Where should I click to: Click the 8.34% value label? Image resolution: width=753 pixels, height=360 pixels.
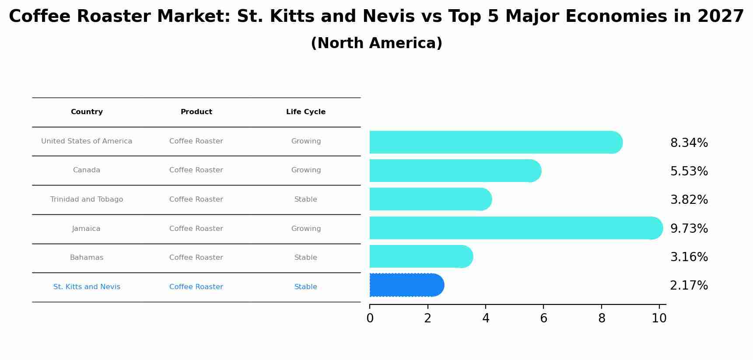point(689,143)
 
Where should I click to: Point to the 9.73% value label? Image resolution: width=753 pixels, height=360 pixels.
point(689,229)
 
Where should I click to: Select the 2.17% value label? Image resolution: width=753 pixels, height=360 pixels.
point(689,286)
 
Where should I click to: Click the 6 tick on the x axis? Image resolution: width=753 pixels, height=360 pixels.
point(543,318)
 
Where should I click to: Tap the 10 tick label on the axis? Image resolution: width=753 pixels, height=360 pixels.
point(659,318)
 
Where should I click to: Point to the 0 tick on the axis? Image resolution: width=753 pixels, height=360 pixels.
point(370,318)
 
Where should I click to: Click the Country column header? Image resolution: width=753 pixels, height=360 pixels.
point(87,112)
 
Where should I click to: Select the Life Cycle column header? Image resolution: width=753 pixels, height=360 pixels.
point(305,112)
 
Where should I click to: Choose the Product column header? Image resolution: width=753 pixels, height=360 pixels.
point(196,112)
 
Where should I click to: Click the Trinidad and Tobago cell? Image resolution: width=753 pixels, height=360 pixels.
point(87,199)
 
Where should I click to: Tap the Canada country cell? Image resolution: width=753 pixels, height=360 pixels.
point(87,170)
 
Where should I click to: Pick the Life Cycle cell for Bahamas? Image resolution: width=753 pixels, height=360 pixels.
point(305,258)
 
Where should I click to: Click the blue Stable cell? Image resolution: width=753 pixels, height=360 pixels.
point(305,287)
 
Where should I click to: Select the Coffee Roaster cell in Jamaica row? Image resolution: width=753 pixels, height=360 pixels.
point(196,229)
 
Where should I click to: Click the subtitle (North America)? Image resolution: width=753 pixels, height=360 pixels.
point(376,43)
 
